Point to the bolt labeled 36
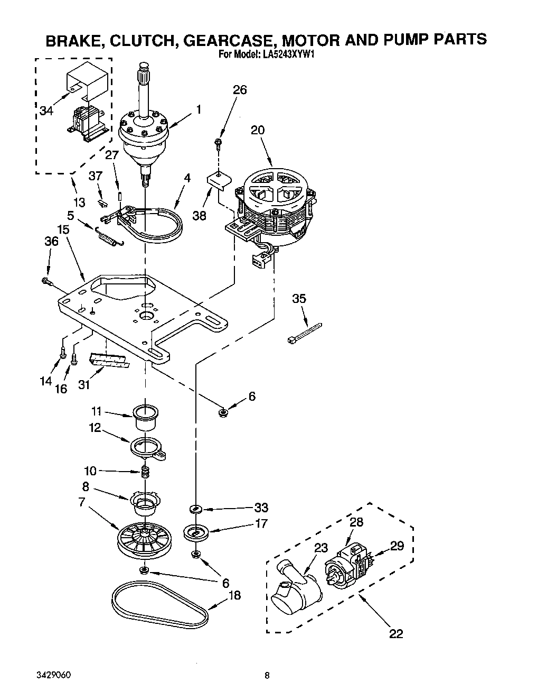(46, 282)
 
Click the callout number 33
(261, 508)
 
